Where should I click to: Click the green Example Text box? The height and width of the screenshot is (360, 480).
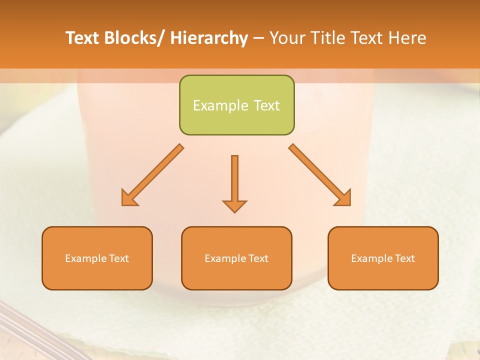(236, 105)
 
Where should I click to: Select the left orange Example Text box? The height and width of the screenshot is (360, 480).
(97, 258)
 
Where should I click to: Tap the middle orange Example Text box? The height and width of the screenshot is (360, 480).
(236, 258)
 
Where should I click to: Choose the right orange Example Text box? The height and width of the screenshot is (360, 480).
(383, 258)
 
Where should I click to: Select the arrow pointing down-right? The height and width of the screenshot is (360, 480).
(320, 175)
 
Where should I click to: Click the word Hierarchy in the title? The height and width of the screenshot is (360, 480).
(209, 38)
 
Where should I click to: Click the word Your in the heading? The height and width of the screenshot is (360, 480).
(287, 38)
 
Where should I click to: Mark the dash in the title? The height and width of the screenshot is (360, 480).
(258, 38)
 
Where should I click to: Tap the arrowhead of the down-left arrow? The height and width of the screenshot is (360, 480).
(127, 199)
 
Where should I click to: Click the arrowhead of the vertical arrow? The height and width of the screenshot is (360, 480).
(234, 205)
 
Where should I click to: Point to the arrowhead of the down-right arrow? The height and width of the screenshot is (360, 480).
(344, 199)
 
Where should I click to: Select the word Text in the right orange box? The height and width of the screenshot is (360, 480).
(405, 258)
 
